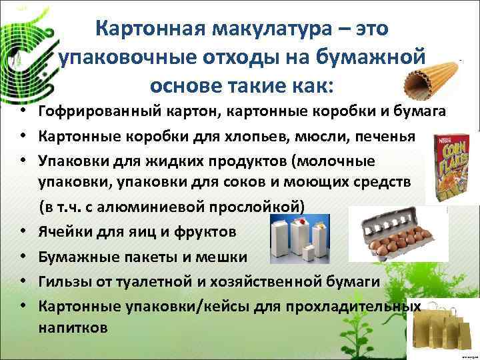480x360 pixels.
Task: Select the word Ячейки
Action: [x=65, y=233]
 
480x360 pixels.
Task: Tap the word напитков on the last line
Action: [x=73, y=328]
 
